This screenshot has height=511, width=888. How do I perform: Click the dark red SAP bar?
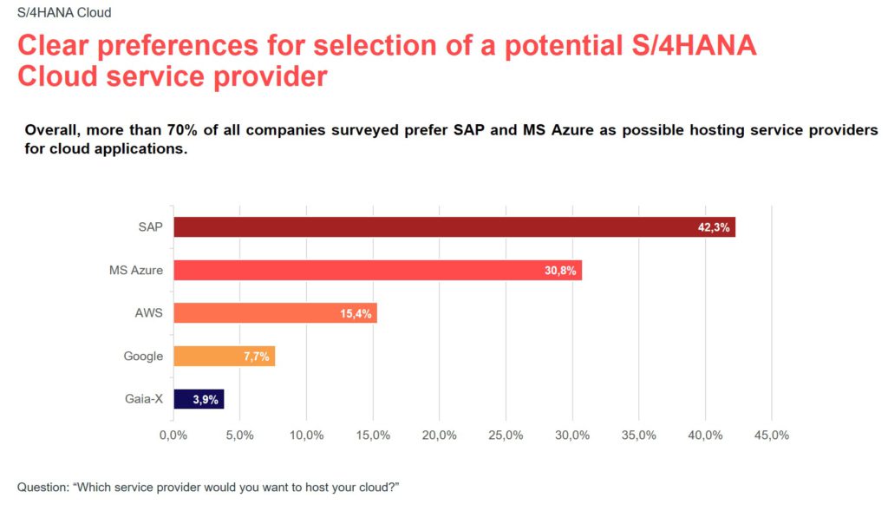click(x=454, y=227)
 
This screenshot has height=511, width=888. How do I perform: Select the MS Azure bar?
click(x=377, y=270)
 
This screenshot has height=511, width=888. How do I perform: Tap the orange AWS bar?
click(x=275, y=312)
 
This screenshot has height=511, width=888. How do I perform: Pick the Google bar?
click(x=224, y=356)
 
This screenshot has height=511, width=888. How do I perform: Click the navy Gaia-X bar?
click(x=199, y=399)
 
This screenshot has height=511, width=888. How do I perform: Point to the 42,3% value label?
click(x=715, y=228)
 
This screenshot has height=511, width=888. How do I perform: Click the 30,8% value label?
click(x=560, y=271)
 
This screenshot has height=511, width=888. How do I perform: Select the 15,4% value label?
click(x=356, y=313)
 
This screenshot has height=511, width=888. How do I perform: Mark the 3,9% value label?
click(x=205, y=400)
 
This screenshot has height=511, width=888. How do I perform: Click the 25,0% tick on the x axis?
click(x=506, y=435)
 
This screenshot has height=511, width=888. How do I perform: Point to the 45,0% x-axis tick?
click(x=771, y=435)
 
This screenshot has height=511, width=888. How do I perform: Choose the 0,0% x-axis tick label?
click(x=173, y=435)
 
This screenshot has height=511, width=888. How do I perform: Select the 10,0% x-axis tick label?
click(x=306, y=435)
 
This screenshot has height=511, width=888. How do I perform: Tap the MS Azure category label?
click(x=136, y=270)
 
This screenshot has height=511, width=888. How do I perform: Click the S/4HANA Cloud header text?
click(x=64, y=13)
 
